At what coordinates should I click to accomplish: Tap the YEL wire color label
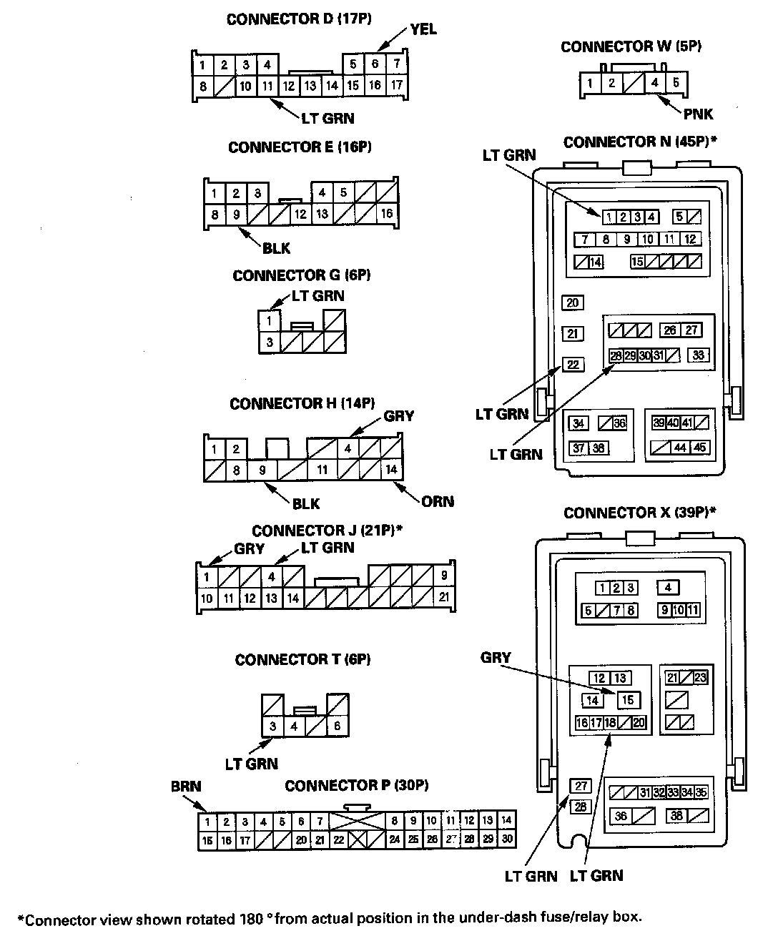[x=423, y=29]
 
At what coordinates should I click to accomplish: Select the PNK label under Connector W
[x=698, y=114]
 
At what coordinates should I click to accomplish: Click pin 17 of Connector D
[x=397, y=85]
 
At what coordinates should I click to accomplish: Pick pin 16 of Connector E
[x=387, y=214]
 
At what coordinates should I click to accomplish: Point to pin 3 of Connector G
[x=270, y=342]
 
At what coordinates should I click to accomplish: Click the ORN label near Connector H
[x=438, y=501]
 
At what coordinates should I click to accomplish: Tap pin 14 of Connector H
[x=390, y=470]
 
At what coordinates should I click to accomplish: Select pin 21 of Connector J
[x=444, y=597]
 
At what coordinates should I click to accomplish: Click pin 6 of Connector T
[x=338, y=727]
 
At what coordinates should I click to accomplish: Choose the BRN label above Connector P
[x=186, y=787]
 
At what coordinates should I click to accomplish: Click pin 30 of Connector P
[x=507, y=839]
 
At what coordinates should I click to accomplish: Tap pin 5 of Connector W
[x=676, y=83]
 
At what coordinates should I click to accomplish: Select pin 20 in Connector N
[x=572, y=302]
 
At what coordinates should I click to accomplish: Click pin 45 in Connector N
[x=699, y=448]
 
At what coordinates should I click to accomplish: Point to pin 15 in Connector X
[x=628, y=700]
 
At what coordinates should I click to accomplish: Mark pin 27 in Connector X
[x=581, y=786]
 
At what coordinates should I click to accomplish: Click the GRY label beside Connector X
[x=496, y=658]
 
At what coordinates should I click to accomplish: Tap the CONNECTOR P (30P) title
[x=356, y=786]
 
